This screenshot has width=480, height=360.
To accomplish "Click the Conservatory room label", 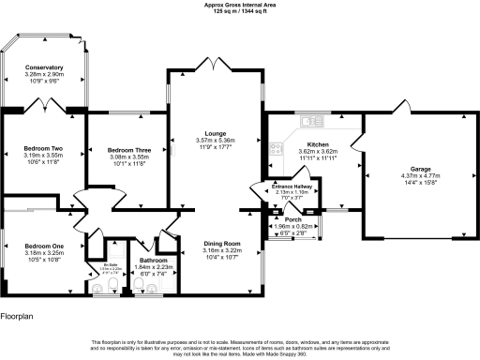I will pos(45,67).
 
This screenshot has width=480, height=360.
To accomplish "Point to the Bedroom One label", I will pos(44,246).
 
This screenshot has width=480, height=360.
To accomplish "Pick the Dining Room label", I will pos(223,244).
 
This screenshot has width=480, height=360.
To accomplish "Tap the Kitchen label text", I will pos(310,143).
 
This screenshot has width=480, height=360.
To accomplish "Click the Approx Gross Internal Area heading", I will pos(240,4).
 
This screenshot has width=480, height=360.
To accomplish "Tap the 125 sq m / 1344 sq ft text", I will pos(240,10).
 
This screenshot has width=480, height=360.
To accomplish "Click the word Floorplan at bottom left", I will pos(19,318).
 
